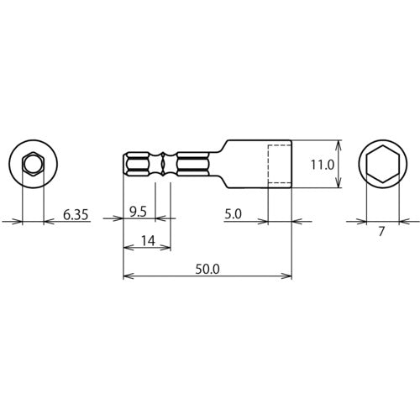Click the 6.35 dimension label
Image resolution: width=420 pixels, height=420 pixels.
[75, 215]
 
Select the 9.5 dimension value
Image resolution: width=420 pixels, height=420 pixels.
[140, 215]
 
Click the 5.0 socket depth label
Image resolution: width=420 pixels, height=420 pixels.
[234, 215]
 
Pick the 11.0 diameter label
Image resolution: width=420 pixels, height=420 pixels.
[323, 166]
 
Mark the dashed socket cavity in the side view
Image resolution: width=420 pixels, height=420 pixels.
[279, 164]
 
